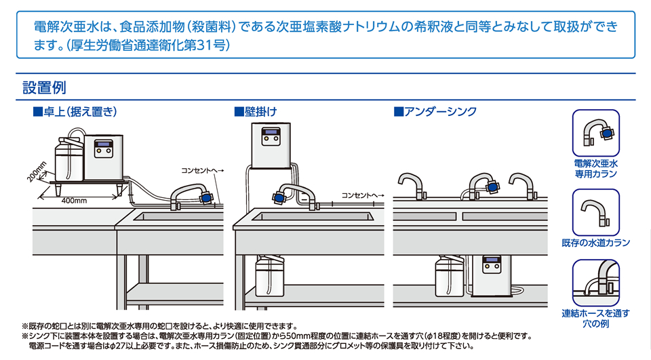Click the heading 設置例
[44, 87]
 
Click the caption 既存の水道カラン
[596, 242]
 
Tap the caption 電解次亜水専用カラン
[596, 169]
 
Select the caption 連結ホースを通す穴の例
[596, 318]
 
